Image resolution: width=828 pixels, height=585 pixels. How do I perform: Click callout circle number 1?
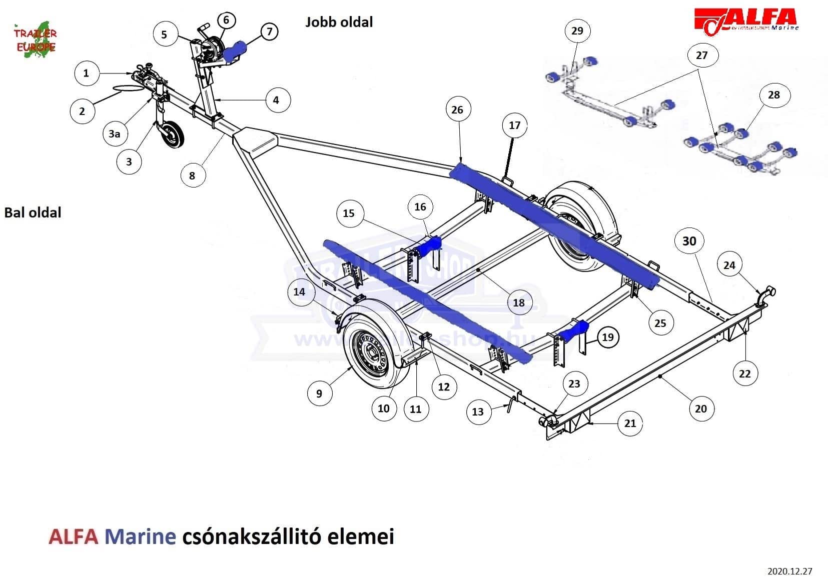coord(86,73)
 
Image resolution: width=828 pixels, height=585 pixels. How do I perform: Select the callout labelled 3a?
coord(115,133)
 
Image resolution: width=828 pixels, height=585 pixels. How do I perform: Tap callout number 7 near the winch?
coord(269,32)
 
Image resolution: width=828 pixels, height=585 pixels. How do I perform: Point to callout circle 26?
coord(457,110)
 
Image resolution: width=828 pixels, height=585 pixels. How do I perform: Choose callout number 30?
coord(689,241)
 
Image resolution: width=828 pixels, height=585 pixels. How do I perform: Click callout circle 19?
coord(607,337)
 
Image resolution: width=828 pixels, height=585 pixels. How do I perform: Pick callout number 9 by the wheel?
coord(319,393)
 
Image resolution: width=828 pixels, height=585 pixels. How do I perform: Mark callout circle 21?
coord(629,423)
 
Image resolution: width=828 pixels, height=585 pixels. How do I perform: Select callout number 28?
coord(773,95)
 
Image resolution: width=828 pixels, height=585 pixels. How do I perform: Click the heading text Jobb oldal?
coord(339,22)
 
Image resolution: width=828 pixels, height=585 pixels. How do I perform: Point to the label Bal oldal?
coord(33,212)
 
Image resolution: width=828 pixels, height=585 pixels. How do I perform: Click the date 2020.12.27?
coord(790,571)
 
